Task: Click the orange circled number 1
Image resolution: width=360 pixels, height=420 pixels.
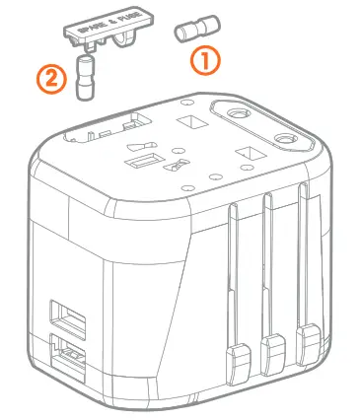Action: [203, 60]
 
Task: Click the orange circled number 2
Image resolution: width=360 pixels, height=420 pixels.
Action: [54, 76]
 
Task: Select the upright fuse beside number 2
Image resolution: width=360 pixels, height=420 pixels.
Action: [87, 78]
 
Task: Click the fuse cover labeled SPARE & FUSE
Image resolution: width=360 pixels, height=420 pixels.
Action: [109, 29]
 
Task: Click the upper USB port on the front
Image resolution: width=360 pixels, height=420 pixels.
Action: [69, 320]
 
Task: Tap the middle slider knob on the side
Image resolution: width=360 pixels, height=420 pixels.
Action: [271, 346]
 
